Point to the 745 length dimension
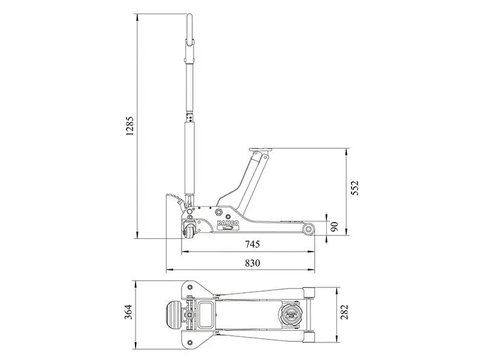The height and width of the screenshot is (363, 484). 252,244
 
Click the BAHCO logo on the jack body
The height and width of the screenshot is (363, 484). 228,224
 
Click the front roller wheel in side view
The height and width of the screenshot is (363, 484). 309,229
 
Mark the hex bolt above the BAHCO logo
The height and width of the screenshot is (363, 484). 228,214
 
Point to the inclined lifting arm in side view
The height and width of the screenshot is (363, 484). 251,175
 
